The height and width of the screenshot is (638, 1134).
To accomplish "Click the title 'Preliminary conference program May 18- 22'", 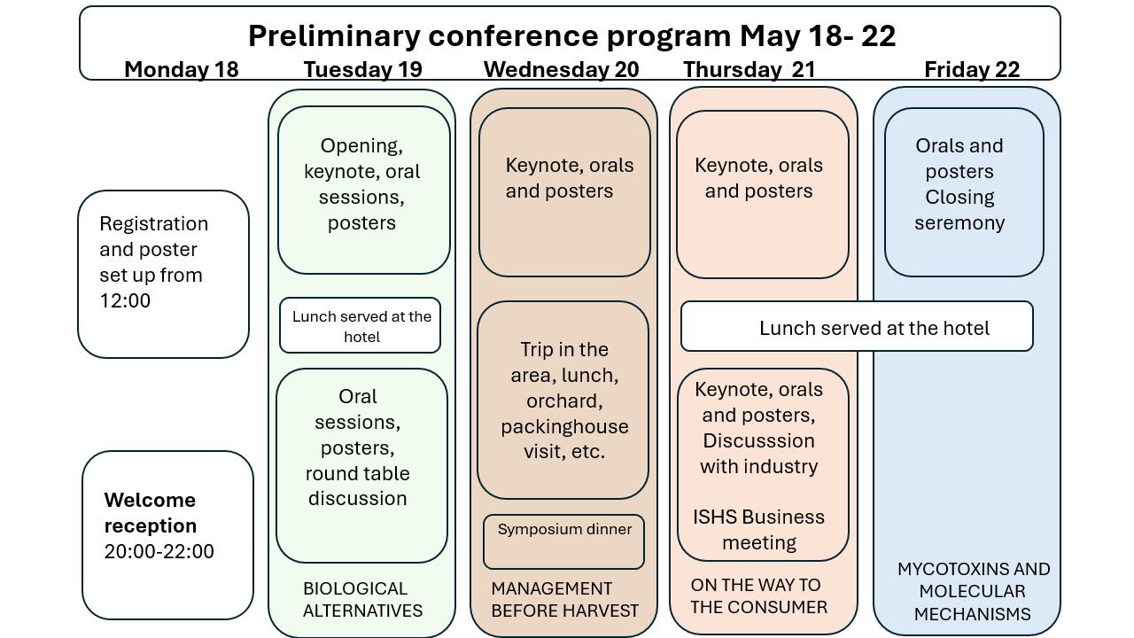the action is pos(571,36).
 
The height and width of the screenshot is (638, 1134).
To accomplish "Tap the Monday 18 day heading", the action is pos(182,69).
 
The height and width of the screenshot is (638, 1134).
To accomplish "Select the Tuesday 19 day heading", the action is pos(362,69).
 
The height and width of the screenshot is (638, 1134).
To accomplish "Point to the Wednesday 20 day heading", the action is pos(561,69).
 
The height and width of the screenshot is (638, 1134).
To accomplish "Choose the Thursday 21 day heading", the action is pos(750,69).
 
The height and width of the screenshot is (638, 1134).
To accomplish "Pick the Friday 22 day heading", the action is pos(972,69).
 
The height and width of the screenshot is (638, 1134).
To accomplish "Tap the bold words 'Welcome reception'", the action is pos(151,512).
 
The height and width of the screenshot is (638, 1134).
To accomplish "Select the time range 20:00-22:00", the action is pos(159,551).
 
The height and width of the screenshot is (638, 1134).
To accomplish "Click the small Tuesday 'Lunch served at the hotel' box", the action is pos(361,325).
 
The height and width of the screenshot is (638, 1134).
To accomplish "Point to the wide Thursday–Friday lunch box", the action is pos(857,327).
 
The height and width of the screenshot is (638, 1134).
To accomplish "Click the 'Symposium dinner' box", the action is pos(564,541).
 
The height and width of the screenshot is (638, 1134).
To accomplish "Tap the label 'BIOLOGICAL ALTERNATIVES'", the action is pos(362,600).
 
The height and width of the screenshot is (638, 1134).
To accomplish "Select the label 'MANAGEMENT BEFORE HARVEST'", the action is pos(564,600).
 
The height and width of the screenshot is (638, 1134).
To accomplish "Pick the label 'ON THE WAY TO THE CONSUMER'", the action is pos(759,596).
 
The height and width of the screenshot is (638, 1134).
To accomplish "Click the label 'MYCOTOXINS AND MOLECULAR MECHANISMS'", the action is pos(974,591).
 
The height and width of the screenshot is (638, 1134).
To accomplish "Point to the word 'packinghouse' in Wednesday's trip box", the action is pos(564,426).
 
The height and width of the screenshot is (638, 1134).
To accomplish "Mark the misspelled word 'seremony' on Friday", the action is pos(959,222).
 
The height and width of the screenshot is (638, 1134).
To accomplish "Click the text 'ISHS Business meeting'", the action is pos(759,530).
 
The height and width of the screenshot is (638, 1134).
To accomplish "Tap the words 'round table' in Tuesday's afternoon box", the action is pos(357,473).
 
